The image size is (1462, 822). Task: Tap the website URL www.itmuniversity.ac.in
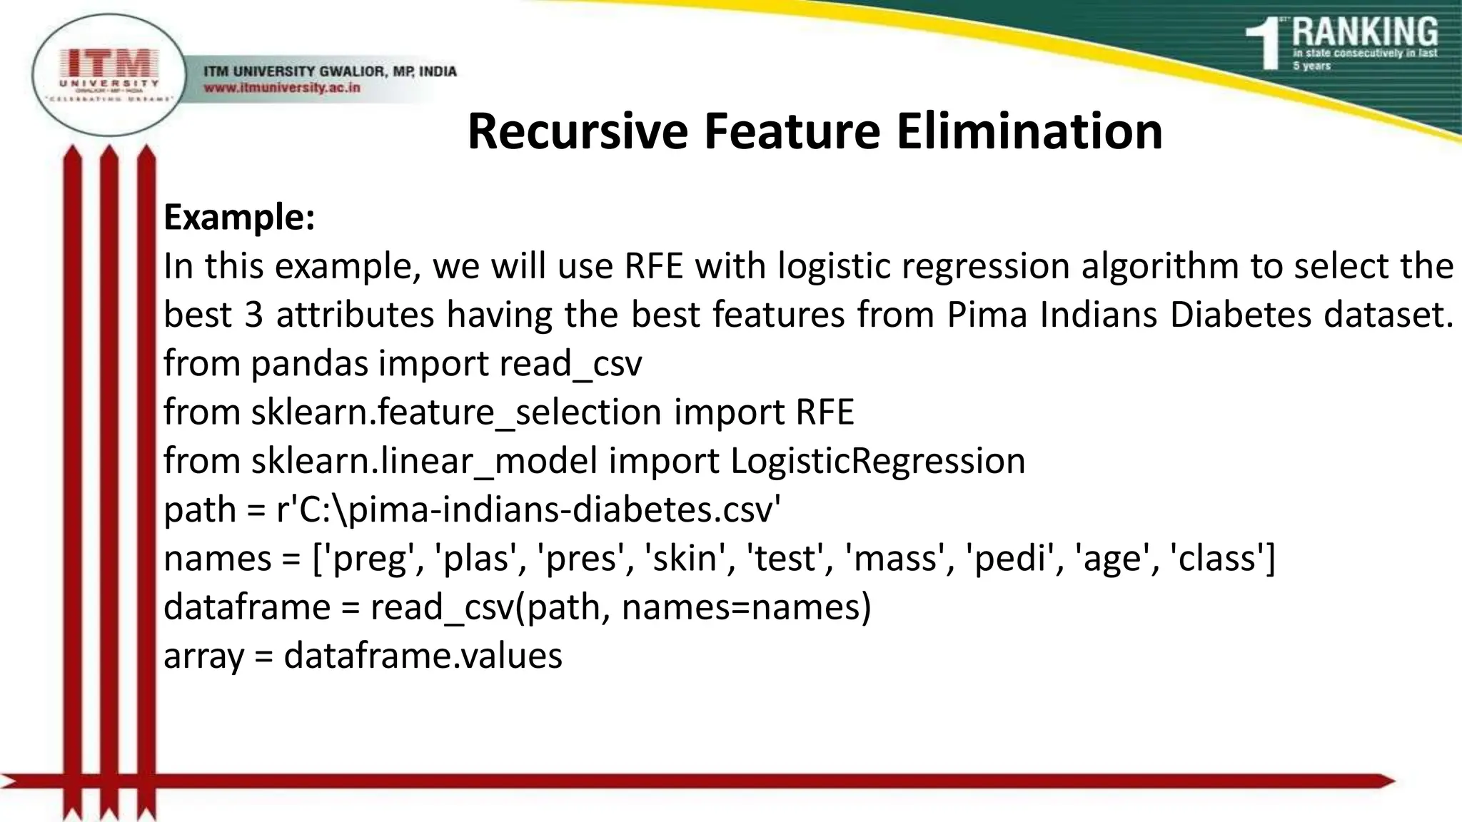[282, 88]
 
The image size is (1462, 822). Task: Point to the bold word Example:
[239, 217]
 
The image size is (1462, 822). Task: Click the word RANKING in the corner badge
[1365, 33]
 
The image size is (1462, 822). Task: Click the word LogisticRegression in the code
[877, 461]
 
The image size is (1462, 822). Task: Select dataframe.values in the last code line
[423, 656]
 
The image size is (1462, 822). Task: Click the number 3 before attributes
[253, 315]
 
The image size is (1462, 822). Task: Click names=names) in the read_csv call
[746, 607]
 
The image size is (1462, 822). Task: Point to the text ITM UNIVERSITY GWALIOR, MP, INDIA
[330, 71]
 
